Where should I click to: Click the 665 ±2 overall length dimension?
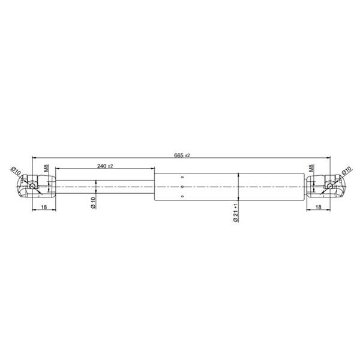(x=182, y=155)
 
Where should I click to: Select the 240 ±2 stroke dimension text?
(x=105, y=166)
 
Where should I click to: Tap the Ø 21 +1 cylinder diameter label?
(x=236, y=212)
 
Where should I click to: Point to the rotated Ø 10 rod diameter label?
(x=93, y=203)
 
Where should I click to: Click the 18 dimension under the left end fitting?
(x=44, y=207)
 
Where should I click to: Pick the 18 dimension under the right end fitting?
(x=318, y=207)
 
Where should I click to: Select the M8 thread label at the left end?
(x=47, y=168)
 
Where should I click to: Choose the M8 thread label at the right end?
(x=311, y=168)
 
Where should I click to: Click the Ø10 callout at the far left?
(x=16, y=170)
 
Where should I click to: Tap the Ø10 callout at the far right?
(x=346, y=170)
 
